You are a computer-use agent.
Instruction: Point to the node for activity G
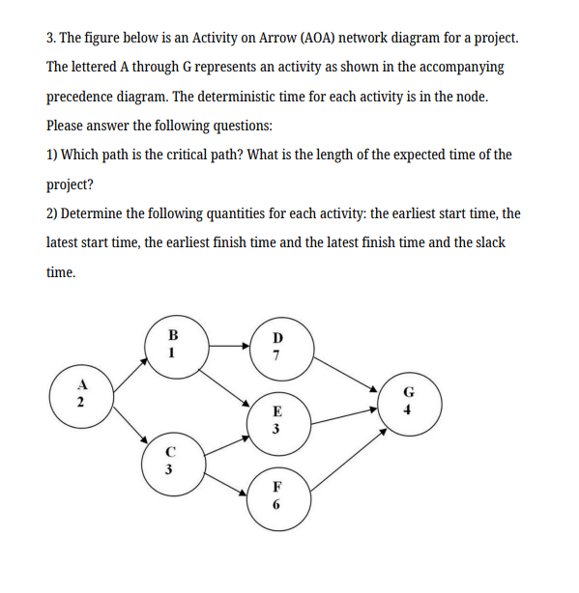pyautogui.click(x=409, y=400)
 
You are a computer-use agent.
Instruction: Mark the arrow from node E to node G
pyautogui.click(x=343, y=412)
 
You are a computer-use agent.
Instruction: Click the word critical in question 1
pyautogui.click(x=196, y=155)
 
